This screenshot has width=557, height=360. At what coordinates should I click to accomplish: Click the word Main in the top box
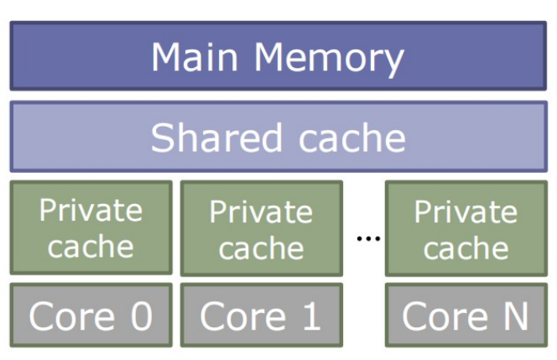[196, 56]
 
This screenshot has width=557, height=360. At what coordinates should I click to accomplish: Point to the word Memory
[329, 56]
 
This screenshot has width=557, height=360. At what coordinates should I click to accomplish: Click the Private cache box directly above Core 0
[91, 227]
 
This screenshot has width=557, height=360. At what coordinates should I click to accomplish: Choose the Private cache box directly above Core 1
[261, 228]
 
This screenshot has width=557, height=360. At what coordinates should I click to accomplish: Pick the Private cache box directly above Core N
[466, 228]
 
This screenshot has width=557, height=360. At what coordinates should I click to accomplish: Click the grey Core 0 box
[91, 316]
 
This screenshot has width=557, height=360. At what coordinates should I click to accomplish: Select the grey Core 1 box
[261, 316]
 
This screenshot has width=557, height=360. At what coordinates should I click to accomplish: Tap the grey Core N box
[466, 316]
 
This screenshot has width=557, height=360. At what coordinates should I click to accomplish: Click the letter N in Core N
[513, 316]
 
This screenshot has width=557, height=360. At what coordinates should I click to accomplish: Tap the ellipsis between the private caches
[368, 239]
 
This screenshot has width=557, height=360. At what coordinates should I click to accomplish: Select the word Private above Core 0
[91, 210]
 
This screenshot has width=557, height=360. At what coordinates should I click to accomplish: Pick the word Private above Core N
[466, 211]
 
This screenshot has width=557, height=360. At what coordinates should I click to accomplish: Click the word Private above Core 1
[261, 211]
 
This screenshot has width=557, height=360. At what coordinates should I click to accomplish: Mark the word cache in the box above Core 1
[261, 248]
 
